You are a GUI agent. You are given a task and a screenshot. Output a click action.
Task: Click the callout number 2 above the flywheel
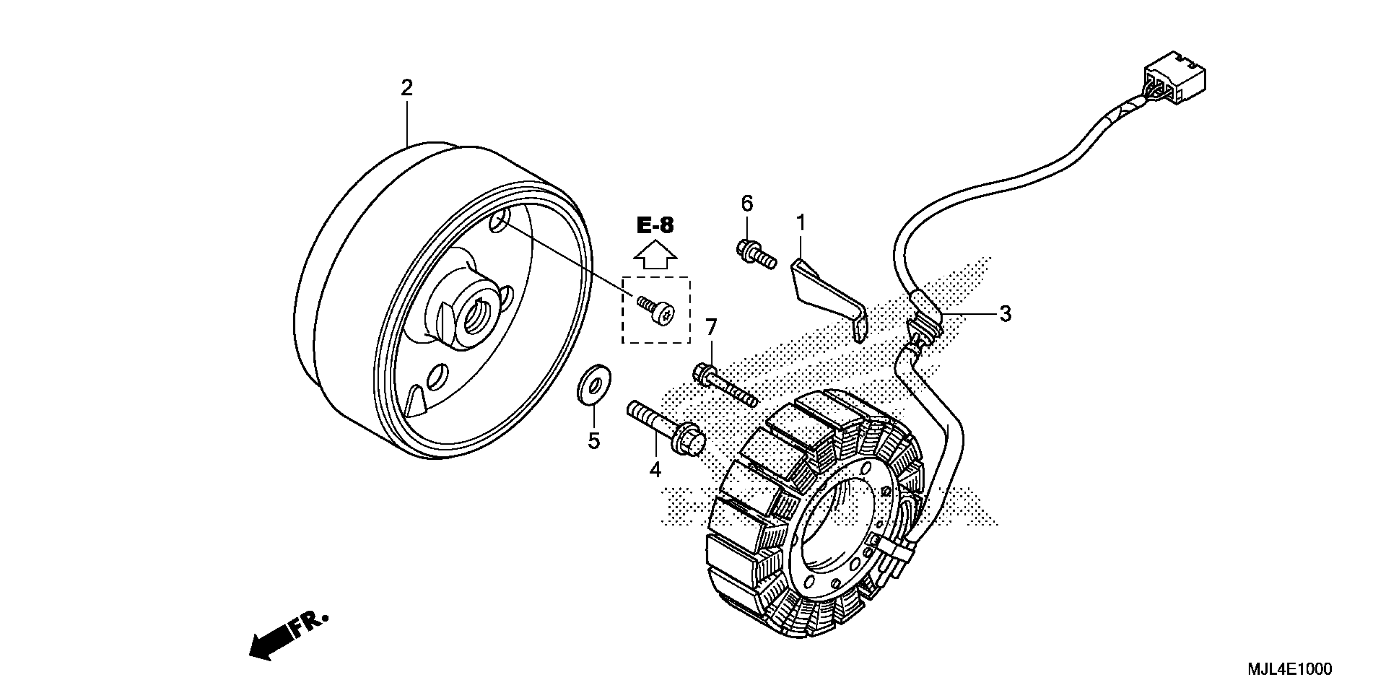point(406,88)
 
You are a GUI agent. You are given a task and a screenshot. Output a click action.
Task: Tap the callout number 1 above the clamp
point(801,222)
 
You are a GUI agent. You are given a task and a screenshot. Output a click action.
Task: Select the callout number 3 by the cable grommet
point(1005,313)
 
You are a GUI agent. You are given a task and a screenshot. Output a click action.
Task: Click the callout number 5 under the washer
point(594,441)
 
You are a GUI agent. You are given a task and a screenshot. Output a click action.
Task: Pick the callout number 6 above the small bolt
point(747,203)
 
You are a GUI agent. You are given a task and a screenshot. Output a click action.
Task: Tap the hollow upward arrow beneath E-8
point(655,256)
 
